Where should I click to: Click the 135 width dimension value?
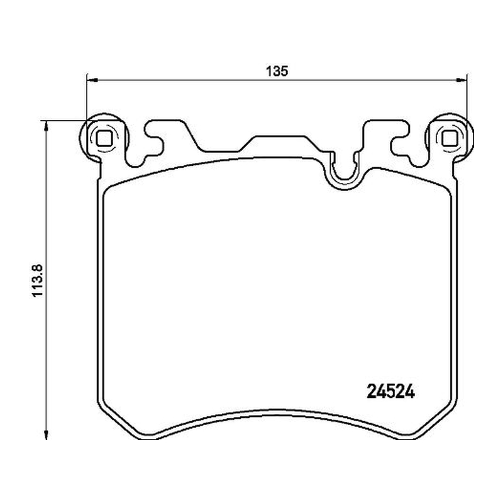pos(277,71)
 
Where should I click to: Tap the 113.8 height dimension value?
pos(38,280)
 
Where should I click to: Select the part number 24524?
pos(390,391)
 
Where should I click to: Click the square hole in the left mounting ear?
pos(104,138)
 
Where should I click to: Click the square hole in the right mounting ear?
pos(449,138)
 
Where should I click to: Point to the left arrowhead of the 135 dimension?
pos(92,80)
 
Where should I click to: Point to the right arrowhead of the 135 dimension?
pos(462,80)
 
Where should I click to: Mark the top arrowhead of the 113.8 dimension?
pos(47,126)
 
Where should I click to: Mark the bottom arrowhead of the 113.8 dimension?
pos(47,434)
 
